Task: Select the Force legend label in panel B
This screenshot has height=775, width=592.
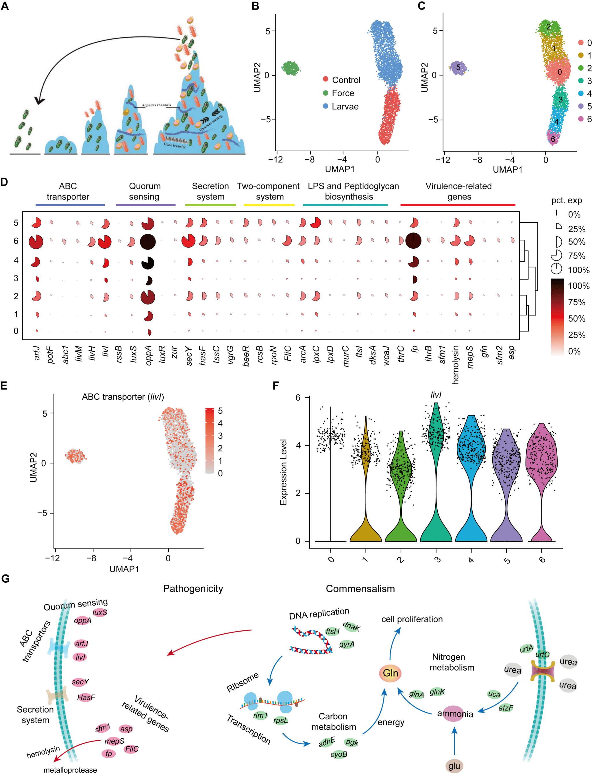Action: click(343, 93)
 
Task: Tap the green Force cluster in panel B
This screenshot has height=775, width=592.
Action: click(290, 68)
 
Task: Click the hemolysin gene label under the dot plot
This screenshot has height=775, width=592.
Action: click(455, 364)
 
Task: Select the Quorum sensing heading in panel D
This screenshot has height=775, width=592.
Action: click(145, 191)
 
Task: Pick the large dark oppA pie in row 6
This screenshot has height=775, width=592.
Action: click(148, 241)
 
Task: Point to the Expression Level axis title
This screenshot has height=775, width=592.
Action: click(283, 472)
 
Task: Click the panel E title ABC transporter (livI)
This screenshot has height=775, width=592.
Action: click(123, 397)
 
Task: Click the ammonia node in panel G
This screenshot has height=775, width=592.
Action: click(455, 714)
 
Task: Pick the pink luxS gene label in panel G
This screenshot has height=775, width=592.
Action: click(100, 612)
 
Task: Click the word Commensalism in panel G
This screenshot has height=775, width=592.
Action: click(360, 588)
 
